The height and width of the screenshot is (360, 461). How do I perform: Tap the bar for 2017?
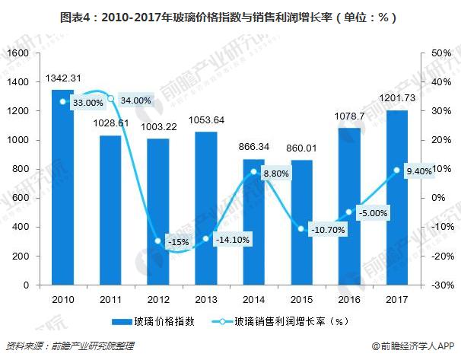(x=398, y=198)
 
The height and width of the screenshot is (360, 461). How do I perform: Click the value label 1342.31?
(x=63, y=78)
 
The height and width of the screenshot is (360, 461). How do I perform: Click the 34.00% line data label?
(x=136, y=100)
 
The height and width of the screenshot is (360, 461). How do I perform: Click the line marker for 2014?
(x=254, y=171)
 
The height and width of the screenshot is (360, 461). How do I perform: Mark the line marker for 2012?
(x=158, y=241)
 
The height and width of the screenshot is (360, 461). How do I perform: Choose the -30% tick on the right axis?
(x=434, y=285)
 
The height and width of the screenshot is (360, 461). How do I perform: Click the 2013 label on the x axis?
(x=206, y=298)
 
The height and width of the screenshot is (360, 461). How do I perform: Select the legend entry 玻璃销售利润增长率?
(x=286, y=322)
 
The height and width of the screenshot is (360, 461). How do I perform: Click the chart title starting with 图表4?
(x=230, y=16)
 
